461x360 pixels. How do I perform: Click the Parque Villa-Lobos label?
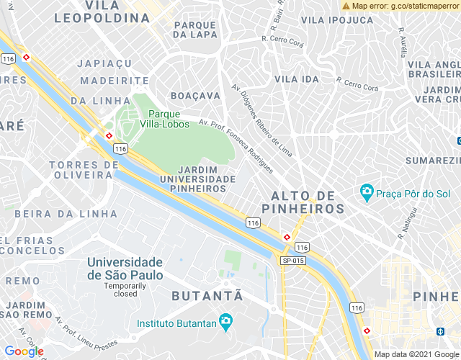(x=169, y=119)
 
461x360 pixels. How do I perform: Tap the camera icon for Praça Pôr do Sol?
(x=367, y=192)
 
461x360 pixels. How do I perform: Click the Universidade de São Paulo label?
(x=125, y=269)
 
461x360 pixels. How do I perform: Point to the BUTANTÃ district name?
(x=207, y=296)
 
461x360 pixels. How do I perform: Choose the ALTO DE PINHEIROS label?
(x=308, y=202)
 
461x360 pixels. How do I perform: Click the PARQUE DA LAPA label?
(x=195, y=29)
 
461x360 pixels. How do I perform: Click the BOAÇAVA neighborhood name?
(x=195, y=95)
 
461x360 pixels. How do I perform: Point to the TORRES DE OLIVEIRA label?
(x=83, y=170)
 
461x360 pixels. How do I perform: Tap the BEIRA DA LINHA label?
(x=66, y=214)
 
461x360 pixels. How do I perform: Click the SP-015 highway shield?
(x=293, y=261)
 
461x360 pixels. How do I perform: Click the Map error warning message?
(x=400, y=6)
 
